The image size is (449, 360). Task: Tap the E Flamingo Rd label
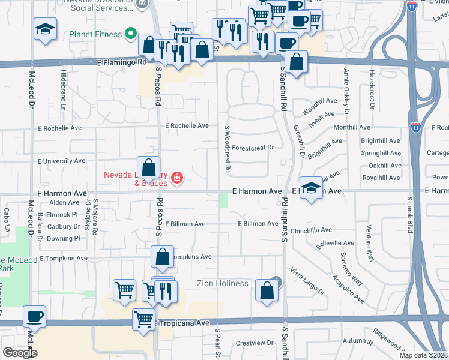(x=121, y=62)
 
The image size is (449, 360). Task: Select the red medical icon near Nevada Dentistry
(x=177, y=178)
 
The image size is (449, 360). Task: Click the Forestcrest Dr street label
(x=252, y=147)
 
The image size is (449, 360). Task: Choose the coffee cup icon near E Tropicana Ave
(x=34, y=316)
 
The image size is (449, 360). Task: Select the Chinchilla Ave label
(x=311, y=230)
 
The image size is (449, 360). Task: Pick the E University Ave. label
(x=62, y=161)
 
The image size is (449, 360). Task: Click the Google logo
(x=19, y=353)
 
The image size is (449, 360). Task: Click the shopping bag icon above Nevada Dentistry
(x=149, y=167)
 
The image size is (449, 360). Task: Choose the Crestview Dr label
(x=255, y=343)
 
